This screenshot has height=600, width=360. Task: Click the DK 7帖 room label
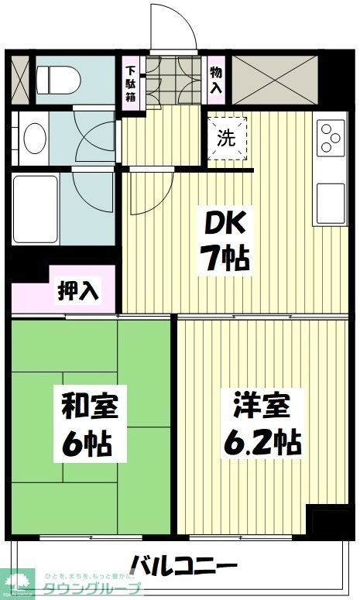click(x=225, y=242)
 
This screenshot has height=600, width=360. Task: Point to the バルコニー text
click(x=183, y=563)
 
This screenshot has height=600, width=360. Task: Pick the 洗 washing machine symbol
click(x=225, y=138)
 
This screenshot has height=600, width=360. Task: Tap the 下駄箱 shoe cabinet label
click(x=132, y=84)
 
